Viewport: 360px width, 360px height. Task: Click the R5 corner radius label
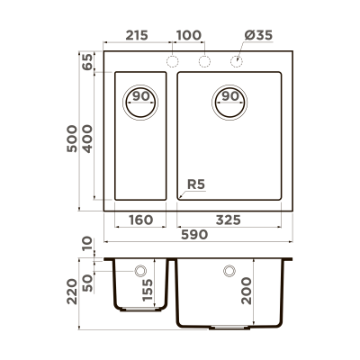tap(195, 186)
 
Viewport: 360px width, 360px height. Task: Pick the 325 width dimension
tap(237, 219)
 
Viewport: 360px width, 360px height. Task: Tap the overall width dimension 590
tap(196, 235)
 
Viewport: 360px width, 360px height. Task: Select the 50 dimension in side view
tap(87, 281)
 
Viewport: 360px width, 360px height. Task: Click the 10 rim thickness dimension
tap(87, 245)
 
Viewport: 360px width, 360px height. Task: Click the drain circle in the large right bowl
tap(229, 96)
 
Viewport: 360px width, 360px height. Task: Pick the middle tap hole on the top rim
tap(204, 61)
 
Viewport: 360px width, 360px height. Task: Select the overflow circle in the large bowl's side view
tap(229, 270)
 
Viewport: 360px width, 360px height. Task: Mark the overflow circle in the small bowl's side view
tap(141, 270)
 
